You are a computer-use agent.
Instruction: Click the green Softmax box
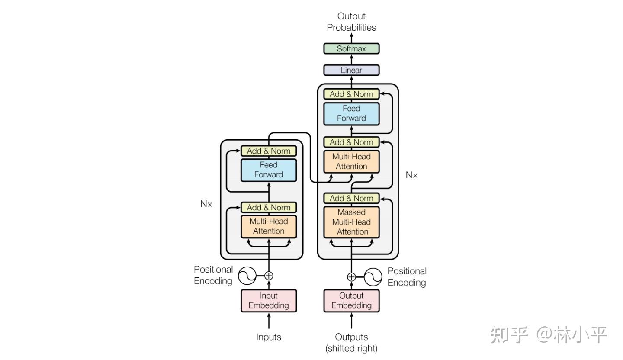coord(351,48)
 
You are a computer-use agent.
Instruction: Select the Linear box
coord(351,70)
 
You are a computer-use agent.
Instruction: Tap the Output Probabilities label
coord(351,22)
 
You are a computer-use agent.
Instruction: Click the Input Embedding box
coord(269,301)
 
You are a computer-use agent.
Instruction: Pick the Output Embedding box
coord(351,301)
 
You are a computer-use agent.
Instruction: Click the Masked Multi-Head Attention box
coord(351,222)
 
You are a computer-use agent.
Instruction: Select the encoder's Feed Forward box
coord(269,170)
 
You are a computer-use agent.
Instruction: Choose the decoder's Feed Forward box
coord(351,113)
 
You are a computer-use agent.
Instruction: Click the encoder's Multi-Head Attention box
coord(269,226)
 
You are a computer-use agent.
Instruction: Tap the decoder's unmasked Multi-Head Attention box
coord(351,161)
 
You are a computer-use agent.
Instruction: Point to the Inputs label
coord(269,337)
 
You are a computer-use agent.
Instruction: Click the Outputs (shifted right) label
coord(351,342)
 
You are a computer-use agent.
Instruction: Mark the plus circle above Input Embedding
coord(269,276)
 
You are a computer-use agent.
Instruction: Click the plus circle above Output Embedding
coord(351,277)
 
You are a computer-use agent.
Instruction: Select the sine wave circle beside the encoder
coord(247,276)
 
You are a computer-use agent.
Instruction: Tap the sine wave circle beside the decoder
coord(373,277)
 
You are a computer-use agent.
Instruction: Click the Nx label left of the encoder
coord(206,204)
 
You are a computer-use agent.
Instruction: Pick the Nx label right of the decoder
coord(412,175)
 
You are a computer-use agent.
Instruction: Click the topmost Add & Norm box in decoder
coord(351,94)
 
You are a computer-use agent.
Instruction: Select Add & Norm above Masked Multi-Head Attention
coord(351,198)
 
